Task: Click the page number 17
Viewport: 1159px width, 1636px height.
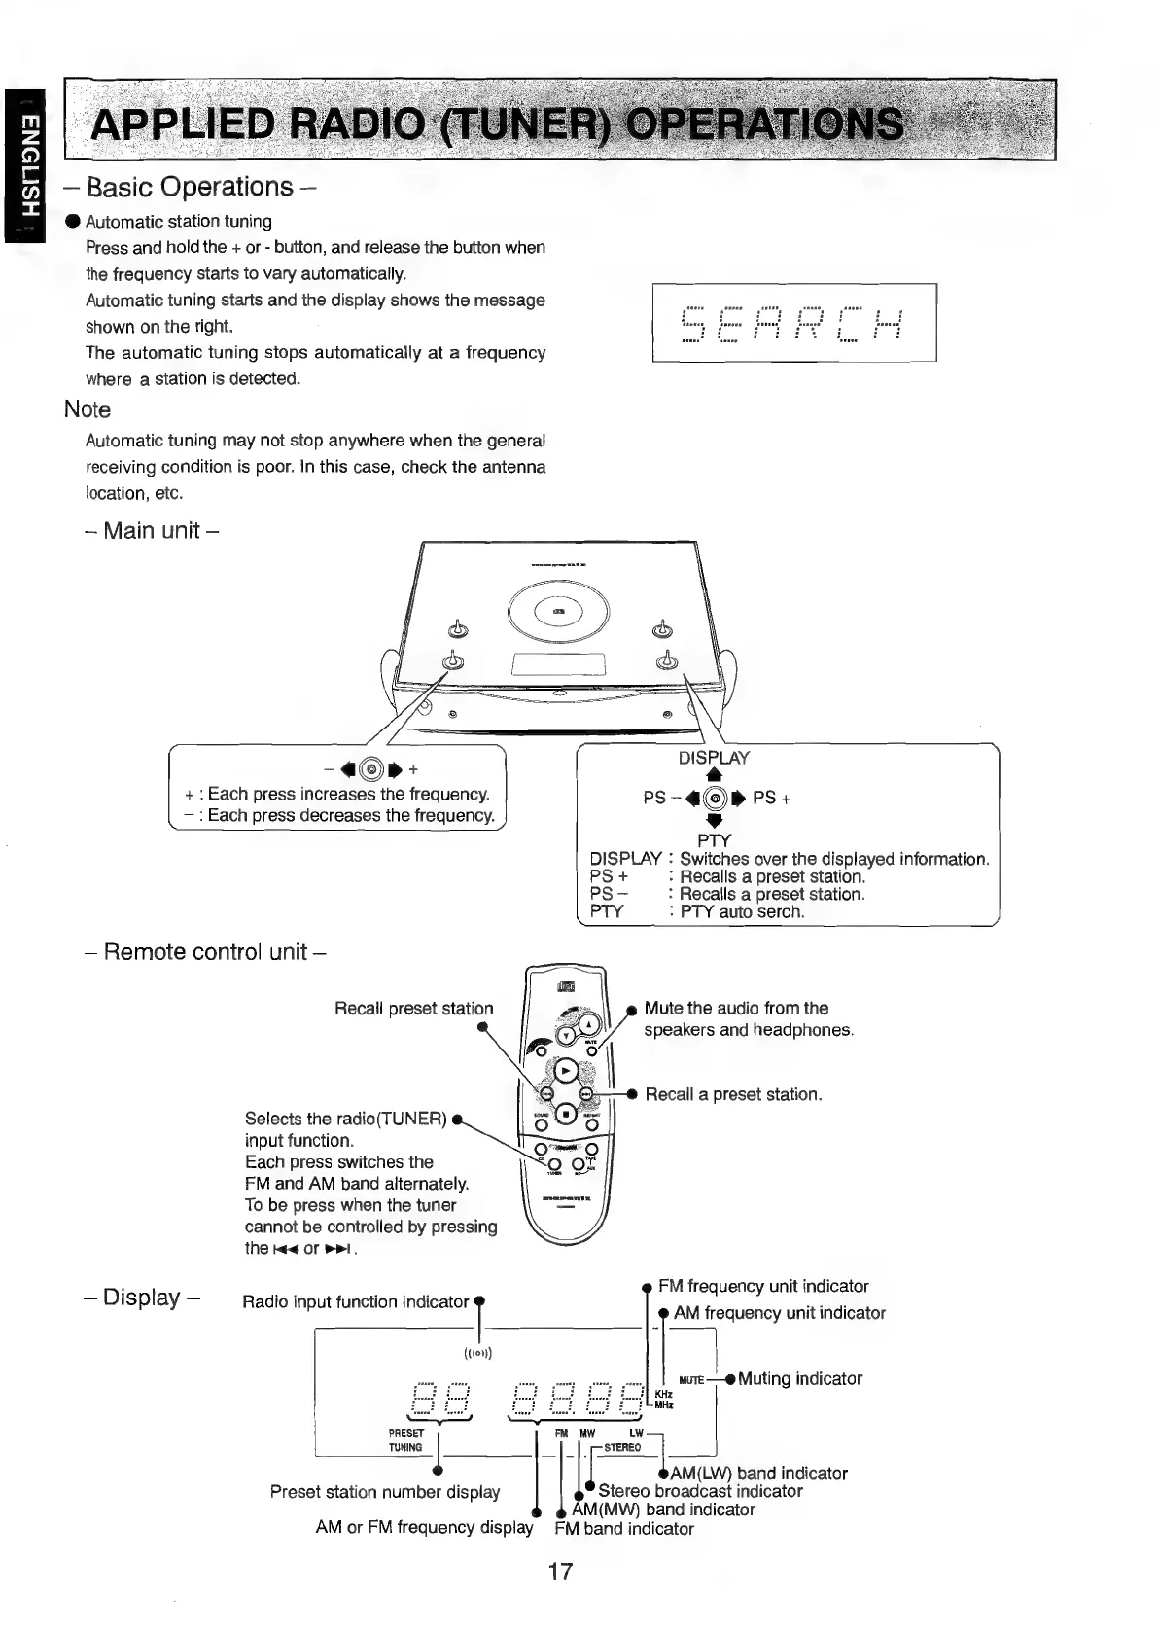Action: [560, 1570]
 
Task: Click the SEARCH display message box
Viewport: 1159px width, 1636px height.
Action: [793, 322]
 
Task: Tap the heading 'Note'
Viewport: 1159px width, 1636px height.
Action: [88, 409]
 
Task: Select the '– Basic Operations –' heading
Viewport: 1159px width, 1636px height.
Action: [191, 187]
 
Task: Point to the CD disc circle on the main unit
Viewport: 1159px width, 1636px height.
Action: [558, 611]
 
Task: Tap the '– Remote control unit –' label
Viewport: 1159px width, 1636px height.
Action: [205, 952]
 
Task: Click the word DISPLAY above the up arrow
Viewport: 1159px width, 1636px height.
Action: [714, 758]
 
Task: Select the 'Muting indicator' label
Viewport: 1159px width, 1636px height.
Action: [799, 1378]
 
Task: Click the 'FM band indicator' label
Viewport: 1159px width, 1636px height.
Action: [624, 1528]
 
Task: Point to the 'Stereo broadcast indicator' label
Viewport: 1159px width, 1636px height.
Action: [700, 1491]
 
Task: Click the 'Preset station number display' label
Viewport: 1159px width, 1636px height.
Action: [385, 1492]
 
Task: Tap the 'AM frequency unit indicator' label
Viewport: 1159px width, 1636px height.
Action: [779, 1313]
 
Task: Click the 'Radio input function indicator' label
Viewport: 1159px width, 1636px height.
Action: [356, 1301]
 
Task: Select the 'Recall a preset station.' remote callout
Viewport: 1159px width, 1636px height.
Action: [733, 1094]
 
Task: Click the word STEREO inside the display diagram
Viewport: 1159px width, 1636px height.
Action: [622, 1447]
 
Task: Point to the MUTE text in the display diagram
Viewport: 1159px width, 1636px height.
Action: [691, 1380]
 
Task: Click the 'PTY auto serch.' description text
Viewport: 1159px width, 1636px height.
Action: [742, 912]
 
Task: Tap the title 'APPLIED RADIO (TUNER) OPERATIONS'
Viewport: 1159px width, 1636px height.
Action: [496, 124]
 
